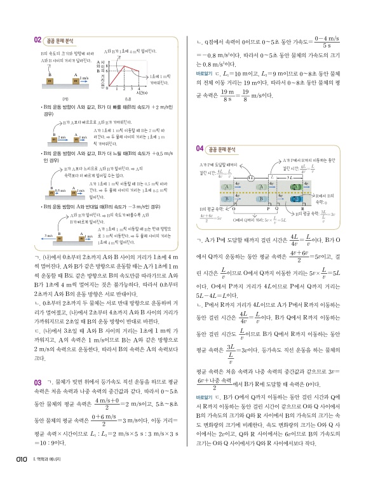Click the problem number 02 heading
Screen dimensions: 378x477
pos(39,39)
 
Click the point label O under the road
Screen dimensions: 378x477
pos(234,208)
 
